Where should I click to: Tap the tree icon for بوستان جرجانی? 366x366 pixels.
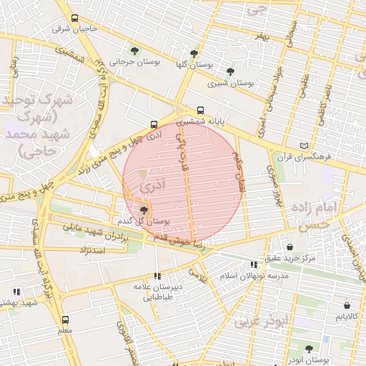pos(134,50)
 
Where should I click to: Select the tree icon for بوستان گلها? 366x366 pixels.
pos(194,53)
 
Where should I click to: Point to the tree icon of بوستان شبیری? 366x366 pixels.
pos(229,71)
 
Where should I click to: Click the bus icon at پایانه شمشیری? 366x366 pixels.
pos(200,111)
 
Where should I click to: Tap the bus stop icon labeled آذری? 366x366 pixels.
pos(154,123)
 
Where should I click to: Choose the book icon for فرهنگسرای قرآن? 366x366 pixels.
pos(305,146)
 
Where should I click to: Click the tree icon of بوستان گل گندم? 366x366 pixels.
pos(144,210)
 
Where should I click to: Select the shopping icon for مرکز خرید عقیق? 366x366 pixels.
pos(290,247)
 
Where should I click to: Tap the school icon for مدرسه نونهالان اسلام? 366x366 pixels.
pos(254,265)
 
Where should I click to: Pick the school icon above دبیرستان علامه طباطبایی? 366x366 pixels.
pos(157,276)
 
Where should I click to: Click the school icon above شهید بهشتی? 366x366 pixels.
pos(16,292)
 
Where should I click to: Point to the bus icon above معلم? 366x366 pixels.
pos(66,320)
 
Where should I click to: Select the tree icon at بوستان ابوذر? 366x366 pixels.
pos(309,349)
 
